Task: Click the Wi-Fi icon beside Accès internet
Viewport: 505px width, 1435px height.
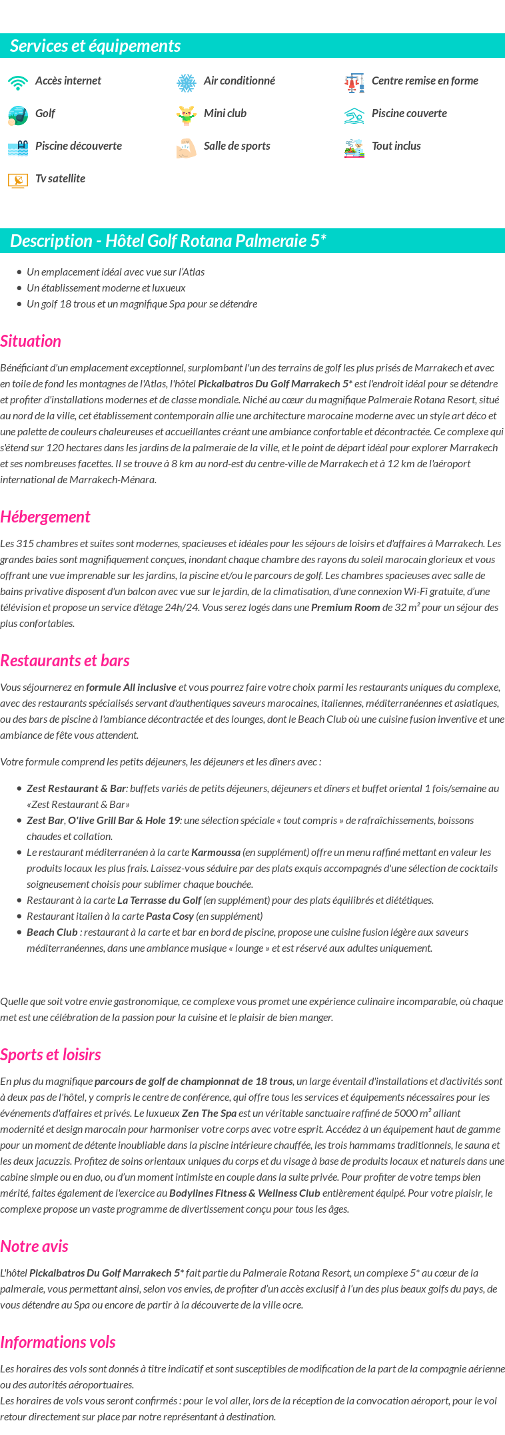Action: click(18, 83)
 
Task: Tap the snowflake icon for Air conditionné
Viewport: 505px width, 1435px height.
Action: click(187, 83)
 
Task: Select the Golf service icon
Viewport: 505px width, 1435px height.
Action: click(18, 115)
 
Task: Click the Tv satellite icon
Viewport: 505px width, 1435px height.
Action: click(18, 180)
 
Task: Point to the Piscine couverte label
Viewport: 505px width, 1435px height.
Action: click(409, 113)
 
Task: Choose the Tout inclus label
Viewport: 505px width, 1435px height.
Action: click(396, 146)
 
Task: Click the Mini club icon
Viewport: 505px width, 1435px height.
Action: click(187, 115)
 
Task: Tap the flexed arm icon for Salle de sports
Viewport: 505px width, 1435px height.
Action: click(187, 148)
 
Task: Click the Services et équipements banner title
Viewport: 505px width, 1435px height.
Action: click(95, 45)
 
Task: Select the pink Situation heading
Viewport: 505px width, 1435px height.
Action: click(31, 341)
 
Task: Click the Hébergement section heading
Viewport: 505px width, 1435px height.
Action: click(45, 516)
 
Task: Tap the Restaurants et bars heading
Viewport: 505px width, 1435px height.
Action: click(65, 660)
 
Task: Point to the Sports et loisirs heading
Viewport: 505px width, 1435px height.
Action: click(51, 1054)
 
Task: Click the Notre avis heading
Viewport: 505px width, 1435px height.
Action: click(34, 1246)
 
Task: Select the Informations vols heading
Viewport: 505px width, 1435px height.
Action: click(58, 1342)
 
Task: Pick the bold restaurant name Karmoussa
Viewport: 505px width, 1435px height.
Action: click(215, 852)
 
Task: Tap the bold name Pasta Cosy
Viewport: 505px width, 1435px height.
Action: click(170, 916)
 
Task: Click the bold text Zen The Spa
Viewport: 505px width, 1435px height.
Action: click(209, 1113)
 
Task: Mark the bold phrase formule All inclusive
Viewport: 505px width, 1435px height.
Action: click(131, 687)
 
